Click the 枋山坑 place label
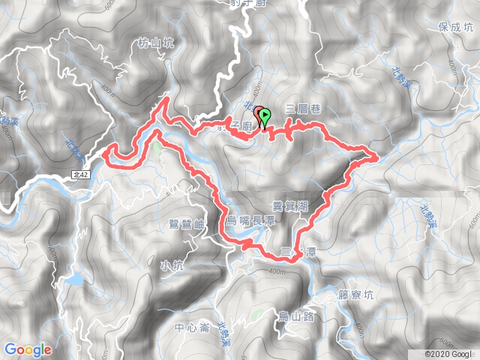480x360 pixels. pyautogui.click(x=156, y=44)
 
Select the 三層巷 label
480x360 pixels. pyautogui.click(x=304, y=109)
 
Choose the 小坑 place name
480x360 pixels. pyautogui.click(x=171, y=264)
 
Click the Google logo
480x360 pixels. pyautogui.click(x=28, y=349)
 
